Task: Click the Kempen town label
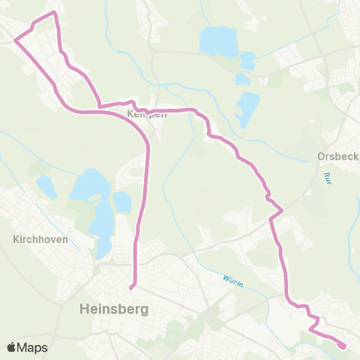tap(146, 115)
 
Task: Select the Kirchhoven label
tap(41, 240)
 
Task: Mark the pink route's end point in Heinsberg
tap(131, 286)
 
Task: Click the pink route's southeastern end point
tap(343, 346)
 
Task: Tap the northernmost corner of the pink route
tap(54, 13)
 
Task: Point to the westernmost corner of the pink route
tap(15, 40)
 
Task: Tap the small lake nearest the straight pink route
tap(122, 202)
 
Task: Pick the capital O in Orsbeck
tap(322, 157)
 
